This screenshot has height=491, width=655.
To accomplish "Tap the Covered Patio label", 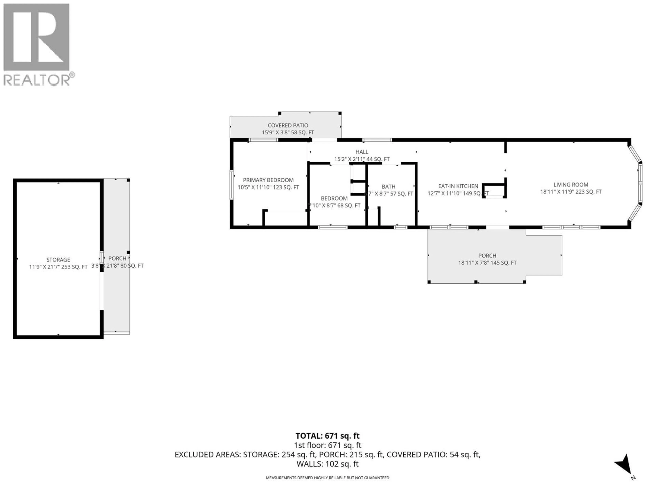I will click(x=288, y=125).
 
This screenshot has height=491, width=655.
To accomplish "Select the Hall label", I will click(x=362, y=152).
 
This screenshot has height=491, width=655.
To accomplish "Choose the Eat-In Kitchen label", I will click(x=458, y=186).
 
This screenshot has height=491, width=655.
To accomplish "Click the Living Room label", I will click(x=571, y=184).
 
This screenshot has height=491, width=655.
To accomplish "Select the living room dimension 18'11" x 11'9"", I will click(x=571, y=192).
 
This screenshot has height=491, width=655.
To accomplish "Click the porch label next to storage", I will click(x=117, y=258).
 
